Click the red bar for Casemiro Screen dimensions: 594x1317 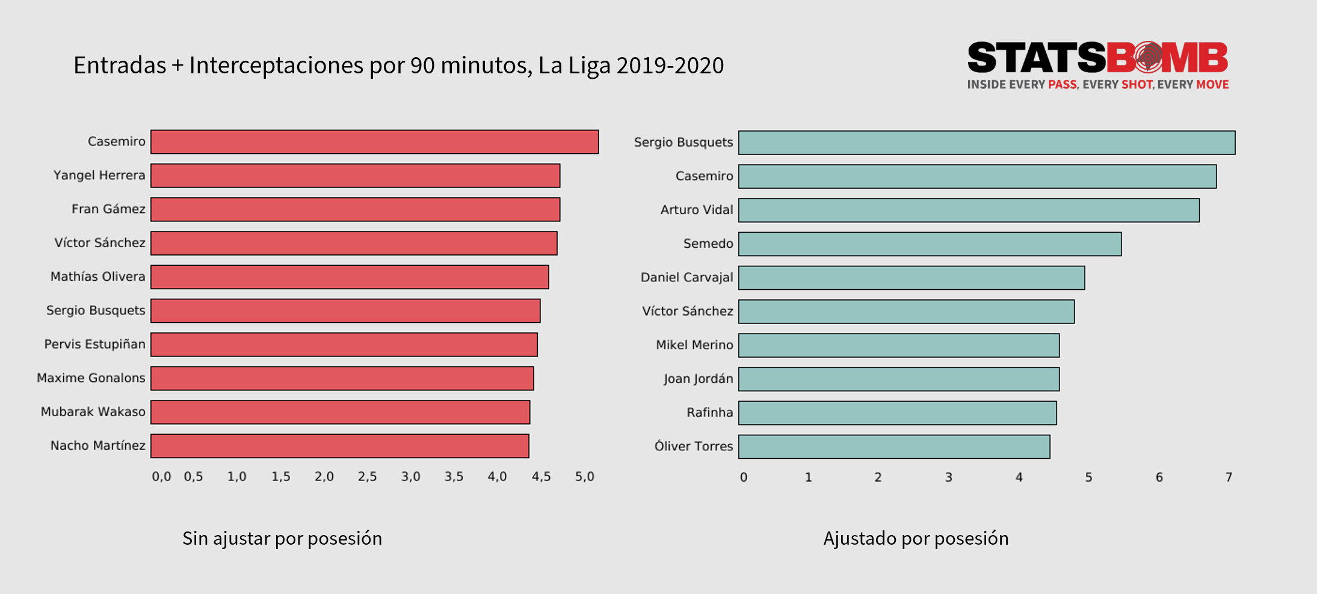(374, 142)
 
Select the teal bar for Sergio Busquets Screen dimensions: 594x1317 (987, 143)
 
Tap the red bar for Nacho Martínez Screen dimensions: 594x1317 (340, 446)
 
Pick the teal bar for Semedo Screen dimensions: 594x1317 (930, 244)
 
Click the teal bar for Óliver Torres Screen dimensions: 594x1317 (894, 447)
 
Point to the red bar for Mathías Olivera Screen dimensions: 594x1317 (350, 277)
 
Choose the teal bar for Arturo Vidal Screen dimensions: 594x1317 (969, 210)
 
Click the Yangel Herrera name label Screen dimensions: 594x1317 (99, 175)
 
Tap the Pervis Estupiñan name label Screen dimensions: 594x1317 (94, 344)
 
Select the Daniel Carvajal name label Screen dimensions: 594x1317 (686, 277)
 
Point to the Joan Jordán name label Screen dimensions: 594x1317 (698, 379)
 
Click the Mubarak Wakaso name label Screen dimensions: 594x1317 (93, 412)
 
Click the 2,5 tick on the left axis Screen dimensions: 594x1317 (367, 477)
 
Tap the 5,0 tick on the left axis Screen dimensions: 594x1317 (584, 477)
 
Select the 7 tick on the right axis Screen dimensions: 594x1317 (1229, 477)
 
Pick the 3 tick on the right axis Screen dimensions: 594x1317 (948, 477)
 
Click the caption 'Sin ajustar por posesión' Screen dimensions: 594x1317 (282, 538)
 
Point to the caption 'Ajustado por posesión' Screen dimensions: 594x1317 (916, 538)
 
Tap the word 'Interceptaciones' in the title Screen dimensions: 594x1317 (276, 65)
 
